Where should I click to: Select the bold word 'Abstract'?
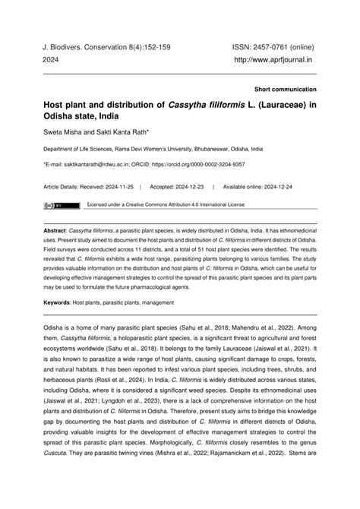(55, 228)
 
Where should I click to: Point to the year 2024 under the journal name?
(52, 59)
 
